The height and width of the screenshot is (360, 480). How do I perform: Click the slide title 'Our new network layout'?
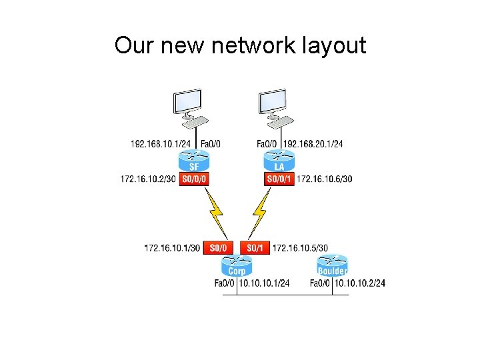coord(240,45)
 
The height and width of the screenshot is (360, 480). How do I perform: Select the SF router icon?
coord(194,161)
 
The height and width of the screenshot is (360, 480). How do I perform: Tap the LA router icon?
coord(279,161)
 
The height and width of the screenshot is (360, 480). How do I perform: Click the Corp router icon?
coord(237,266)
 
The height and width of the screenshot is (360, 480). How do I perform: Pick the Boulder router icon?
coord(332,266)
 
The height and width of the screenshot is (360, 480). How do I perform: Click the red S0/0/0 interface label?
coord(194,179)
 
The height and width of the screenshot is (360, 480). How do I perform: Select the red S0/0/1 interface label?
coord(279,179)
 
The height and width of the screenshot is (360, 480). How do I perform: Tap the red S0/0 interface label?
coord(218,248)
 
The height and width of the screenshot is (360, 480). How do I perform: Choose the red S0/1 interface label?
coord(255,248)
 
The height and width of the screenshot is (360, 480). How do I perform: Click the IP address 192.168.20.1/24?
coord(313,143)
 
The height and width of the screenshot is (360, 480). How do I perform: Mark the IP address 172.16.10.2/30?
coord(148,179)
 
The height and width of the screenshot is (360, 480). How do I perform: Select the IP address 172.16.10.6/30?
coord(325,179)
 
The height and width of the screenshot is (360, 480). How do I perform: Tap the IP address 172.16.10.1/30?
coord(172,248)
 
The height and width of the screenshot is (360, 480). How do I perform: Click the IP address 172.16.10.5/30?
coord(300,248)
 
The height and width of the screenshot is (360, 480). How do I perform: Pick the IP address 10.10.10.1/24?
coord(264,283)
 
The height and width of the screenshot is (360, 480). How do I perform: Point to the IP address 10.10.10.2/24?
coord(360,283)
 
